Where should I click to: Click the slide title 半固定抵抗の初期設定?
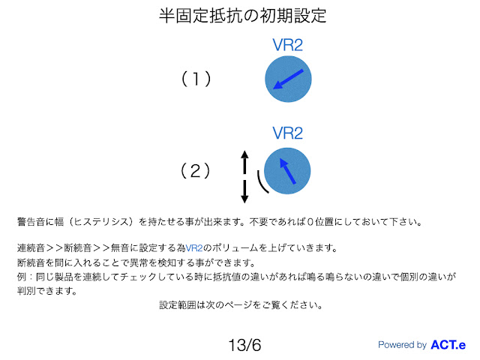(x=240, y=15)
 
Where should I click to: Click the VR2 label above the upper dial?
(x=288, y=44)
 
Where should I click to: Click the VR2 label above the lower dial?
(x=287, y=133)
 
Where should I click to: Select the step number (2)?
(x=196, y=171)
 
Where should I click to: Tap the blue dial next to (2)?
(x=286, y=172)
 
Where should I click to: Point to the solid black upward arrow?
(x=244, y=160)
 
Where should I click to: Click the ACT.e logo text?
(x=448, y=345)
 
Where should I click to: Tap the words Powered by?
(x=402, y=345)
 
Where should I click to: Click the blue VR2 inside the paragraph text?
(x=194, y=248)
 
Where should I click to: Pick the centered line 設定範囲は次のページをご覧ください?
(x=241, y=305)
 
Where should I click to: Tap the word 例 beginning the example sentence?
(x=21, y=277)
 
